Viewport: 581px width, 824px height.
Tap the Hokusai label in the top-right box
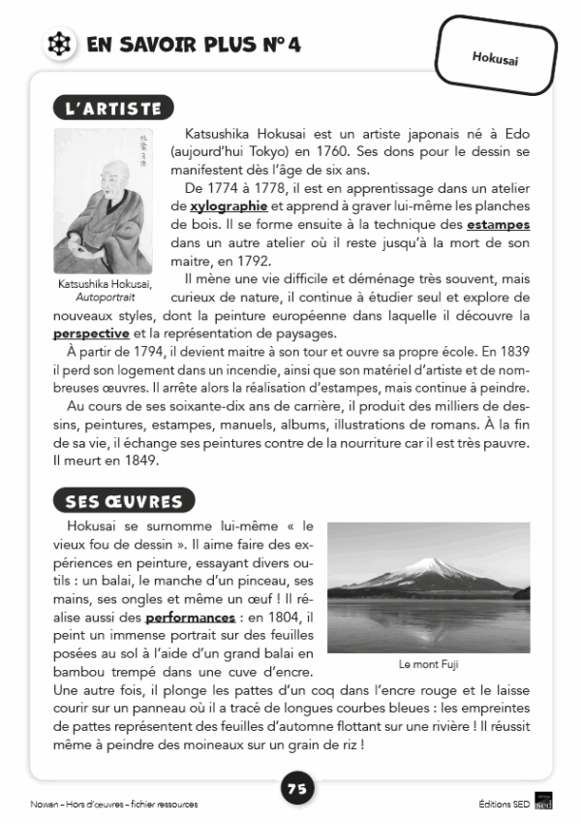tap(495, 58)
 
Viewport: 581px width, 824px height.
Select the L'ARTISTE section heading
tap(113, 109)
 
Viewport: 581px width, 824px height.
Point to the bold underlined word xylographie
tap(229, 206)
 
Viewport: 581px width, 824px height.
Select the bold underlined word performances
tap(191, 617)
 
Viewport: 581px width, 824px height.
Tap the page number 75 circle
tap(297, 789)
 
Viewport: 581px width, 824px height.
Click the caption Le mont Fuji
tap(427, 664)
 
